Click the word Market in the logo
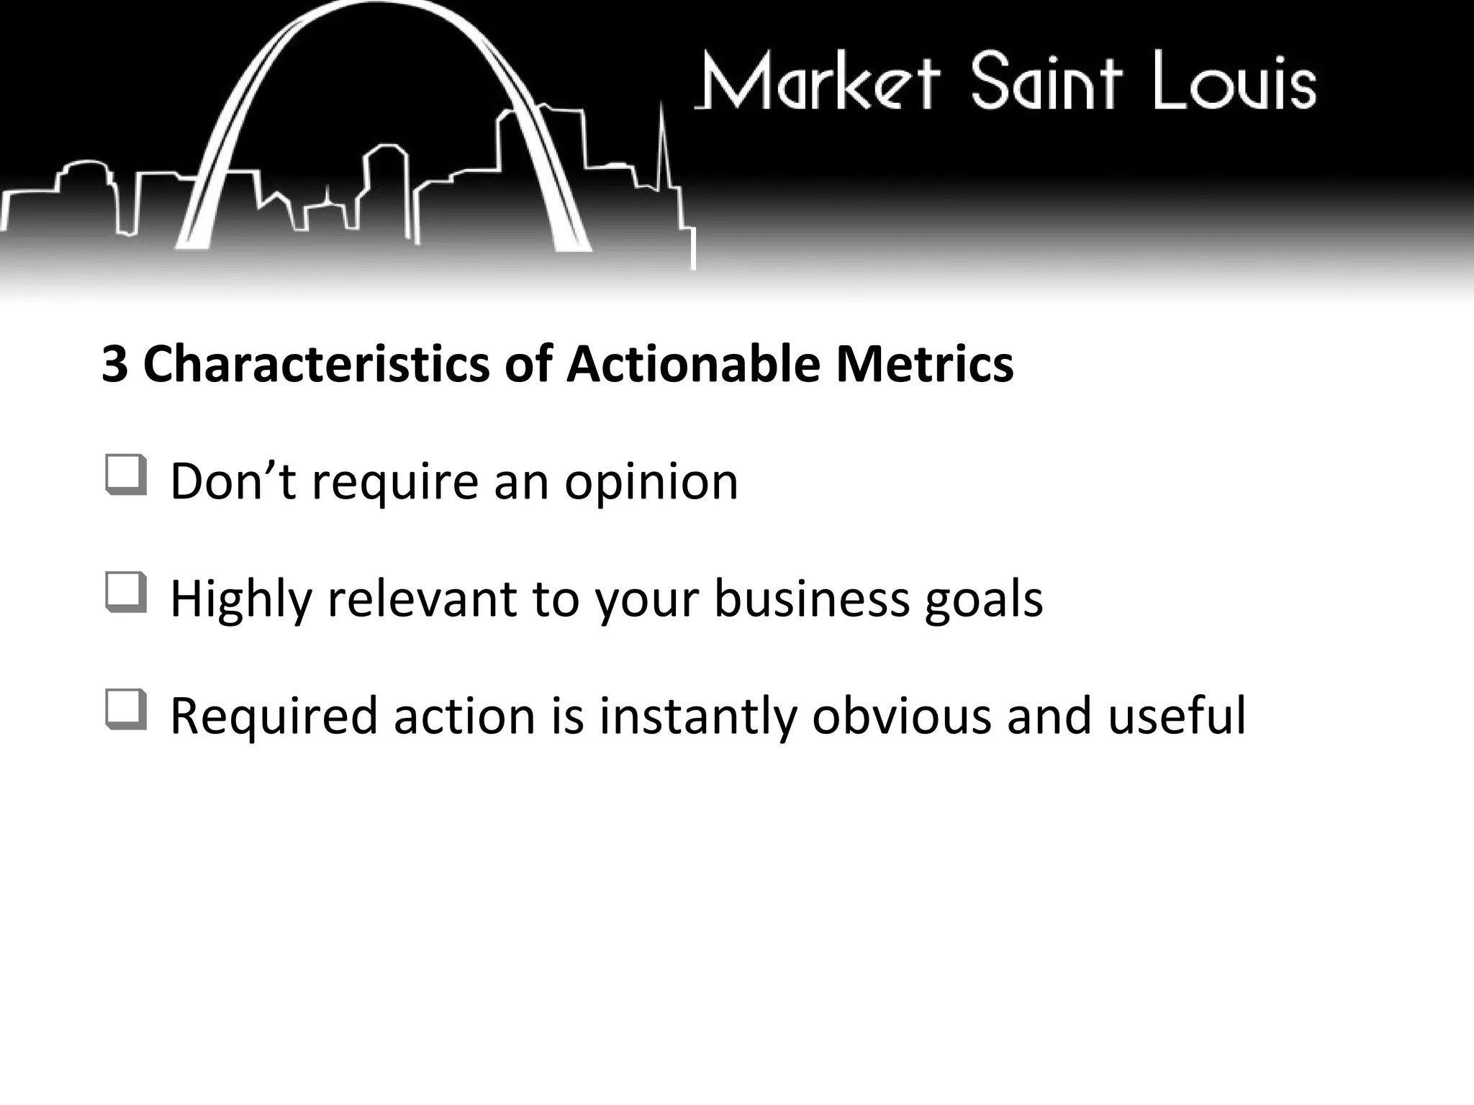(818, 81)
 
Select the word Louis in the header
(1235, 81)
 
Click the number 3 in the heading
(114, 364)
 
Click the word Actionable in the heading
(693, 364)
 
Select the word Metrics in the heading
(924, 364)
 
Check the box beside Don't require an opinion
(126, 475)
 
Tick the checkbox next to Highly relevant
(126, 593)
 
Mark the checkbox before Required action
(126, 710)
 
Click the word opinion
(651, 482)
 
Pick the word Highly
(241, 599)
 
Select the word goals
(983, 599)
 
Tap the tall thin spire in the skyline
(664, 158)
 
